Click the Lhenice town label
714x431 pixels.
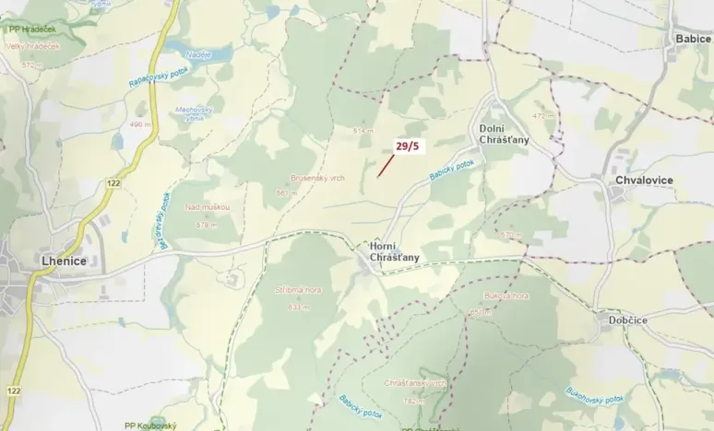click(64, 261)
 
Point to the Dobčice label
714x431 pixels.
click(632, 320)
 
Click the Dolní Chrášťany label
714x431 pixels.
click(504, 133)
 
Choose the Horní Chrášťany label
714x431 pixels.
click(394, 252)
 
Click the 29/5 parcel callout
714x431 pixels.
click(407, 146)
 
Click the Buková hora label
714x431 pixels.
click(505, 297)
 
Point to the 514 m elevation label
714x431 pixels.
click(363, 131)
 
